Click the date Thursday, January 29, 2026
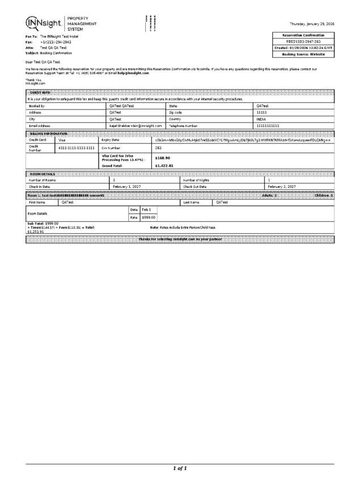pyautogui.click(x=312, y=24)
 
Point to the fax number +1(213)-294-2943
pyautogui.click(x=56, y=41)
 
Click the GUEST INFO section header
pyautogui.click(x=39, y=92)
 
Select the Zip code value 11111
pyautogui.click(x=262, y=112)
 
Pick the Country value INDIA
pyautogui.click(x=262, y=119)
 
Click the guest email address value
pyautogui.click(x=135, y=125)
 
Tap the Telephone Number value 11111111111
pyautogui.click(x=268, y=125)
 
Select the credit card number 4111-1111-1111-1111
pyautogui.click(x=77, y=147)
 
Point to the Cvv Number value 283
pyautogui.click(x=159, y=147)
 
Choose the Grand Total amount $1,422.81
pyautogui.click(x=164, y=166)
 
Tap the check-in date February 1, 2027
pyautogui.click(x=127, y=186)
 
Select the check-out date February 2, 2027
pyautogui.click(x=282, y=186)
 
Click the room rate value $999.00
pyautogui.click(x=149, y=217)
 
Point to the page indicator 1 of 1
pyautogui.click(x=180, y=468)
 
